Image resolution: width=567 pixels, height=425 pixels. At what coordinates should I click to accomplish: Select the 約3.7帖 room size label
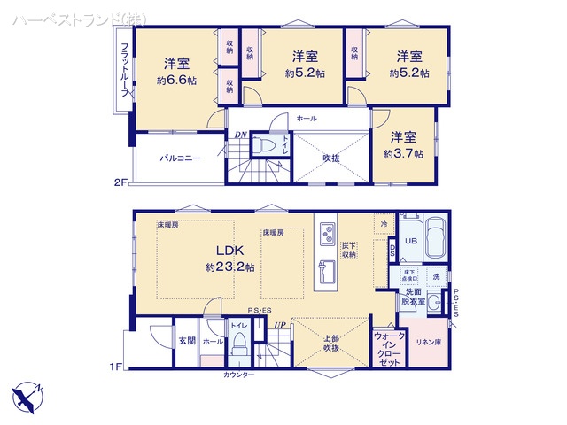point(403,153)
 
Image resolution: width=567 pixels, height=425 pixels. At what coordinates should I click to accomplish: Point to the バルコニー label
point(180,158)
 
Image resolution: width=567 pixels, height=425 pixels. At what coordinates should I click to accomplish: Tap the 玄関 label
point(187,340)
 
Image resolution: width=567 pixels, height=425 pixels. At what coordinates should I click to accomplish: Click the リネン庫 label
point(430,342)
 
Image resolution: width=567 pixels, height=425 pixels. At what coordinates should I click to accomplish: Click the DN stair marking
point(240,135)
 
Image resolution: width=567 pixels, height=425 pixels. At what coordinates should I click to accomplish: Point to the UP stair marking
point(281,325)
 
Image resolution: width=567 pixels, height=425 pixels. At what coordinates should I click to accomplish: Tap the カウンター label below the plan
point(238,375)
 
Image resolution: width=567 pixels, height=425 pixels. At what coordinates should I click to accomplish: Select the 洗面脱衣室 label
point(413,297)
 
